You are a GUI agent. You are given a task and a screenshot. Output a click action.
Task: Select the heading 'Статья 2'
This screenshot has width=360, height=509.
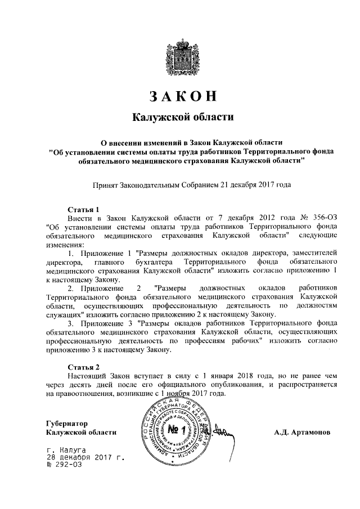83,366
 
